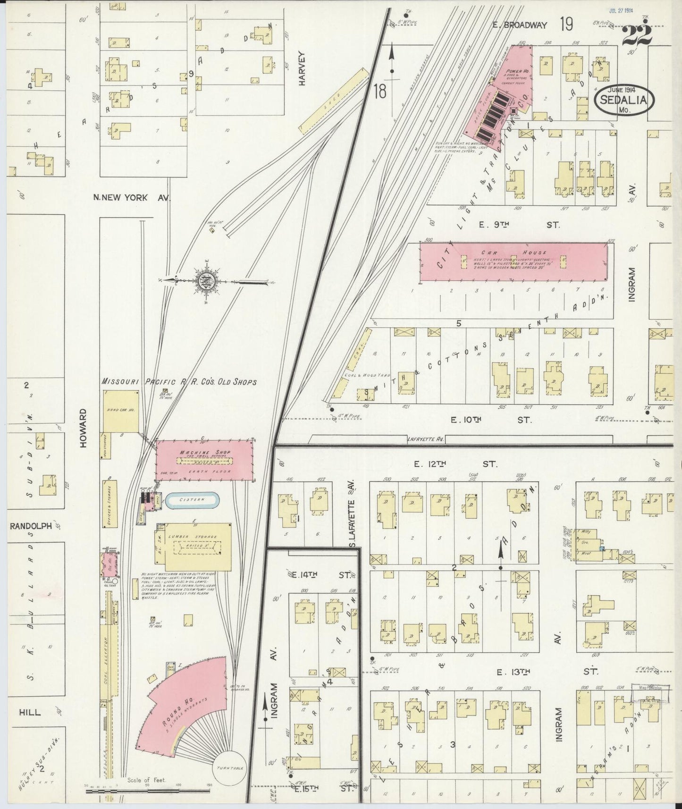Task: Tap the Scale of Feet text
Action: (x=145, y=780)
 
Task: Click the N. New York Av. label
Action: (x=132, y=198)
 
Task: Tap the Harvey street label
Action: (x=302, y=68)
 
